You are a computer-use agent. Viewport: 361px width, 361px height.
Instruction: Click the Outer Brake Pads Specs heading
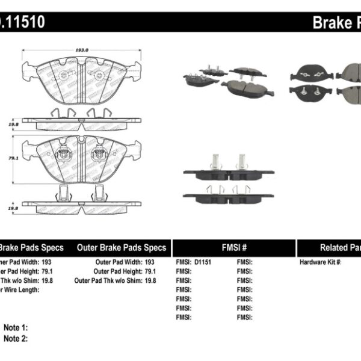point(122,248)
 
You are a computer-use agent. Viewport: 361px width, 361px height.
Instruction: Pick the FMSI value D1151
point(201,262)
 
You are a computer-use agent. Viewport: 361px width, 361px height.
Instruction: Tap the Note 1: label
point(16,328)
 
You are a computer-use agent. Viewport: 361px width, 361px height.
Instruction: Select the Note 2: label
point(16,338)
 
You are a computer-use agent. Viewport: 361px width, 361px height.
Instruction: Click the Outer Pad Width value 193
point(149,262)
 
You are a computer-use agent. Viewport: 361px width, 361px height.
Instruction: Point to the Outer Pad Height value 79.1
point(149,271)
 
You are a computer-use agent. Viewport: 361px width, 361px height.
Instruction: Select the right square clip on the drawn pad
point(96,155)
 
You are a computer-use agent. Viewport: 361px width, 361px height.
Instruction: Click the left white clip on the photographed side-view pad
point(214,161)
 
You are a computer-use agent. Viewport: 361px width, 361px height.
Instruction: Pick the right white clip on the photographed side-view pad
point(241,161)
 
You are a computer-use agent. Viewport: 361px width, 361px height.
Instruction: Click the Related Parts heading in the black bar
point(340,248)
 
